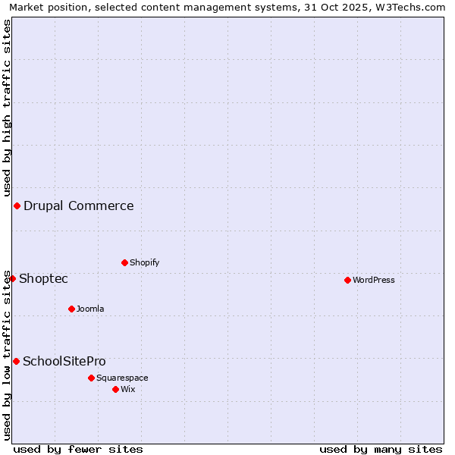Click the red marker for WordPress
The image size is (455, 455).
(347, 280)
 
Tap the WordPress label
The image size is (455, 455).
(373, 280)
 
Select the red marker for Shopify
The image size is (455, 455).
(124, 262)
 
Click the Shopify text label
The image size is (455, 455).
(144, 262)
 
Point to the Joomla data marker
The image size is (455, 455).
(71, 309)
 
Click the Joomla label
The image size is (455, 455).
(90, 309)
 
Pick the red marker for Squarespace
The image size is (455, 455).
(91, 378)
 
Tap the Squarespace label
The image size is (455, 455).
(122, 378)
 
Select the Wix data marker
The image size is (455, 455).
(115, 389)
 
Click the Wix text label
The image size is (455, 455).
(128, 389)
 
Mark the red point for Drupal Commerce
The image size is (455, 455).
(17, 206)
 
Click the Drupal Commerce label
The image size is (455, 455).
(78, 206)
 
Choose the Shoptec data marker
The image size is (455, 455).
(12, 278)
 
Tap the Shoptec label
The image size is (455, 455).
(43, 278)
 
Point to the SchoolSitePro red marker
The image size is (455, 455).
(16, 361)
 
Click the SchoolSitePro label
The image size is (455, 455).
(64, 361)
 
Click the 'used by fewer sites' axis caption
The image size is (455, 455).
(78, 449)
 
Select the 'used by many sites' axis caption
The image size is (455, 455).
(381, 449)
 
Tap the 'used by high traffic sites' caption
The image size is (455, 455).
(7, 108)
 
